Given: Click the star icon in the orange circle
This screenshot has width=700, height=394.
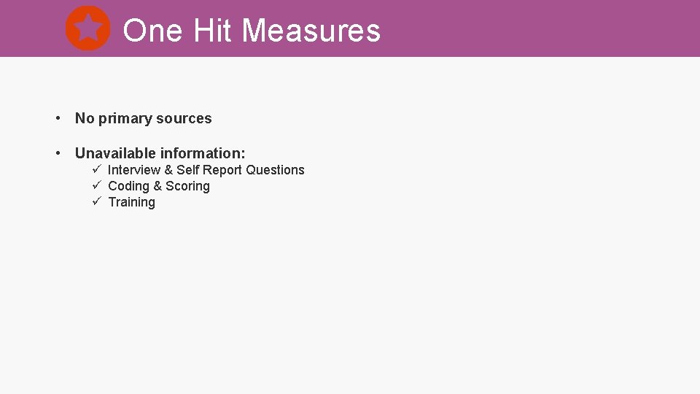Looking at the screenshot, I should [87, 28].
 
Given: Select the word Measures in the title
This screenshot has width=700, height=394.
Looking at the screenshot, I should [311, 31].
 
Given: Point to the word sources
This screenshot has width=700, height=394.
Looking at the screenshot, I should [186, 119].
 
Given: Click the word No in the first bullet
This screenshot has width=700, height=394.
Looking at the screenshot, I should [85, 118].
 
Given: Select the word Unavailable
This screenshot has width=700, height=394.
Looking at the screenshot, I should [116, 153].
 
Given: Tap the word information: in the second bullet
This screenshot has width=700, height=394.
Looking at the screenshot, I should [203, 153].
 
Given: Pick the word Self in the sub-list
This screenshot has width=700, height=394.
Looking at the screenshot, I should [188, 170].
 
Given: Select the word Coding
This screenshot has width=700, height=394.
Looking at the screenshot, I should [128, 187].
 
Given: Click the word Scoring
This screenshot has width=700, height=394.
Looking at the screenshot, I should [187, 186].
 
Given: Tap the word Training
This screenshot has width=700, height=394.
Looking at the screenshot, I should [131, 203].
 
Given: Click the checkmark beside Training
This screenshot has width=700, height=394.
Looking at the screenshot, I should [96, 201].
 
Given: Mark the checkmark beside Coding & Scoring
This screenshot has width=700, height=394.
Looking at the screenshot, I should [96, 185].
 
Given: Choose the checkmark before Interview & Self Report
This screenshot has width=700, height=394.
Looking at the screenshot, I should [96, 169].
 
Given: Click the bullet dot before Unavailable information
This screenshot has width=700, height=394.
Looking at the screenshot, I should [57, 153].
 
